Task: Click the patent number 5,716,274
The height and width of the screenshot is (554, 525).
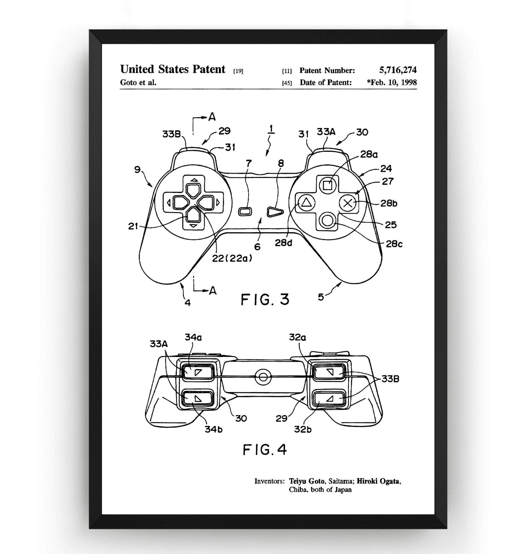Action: point(398,70)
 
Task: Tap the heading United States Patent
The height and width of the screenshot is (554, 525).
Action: point(173,70)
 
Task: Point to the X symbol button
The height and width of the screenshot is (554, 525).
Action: point(348,203)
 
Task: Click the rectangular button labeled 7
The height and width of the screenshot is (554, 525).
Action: point(244,212)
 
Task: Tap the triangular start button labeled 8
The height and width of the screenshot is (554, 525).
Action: point(275,212)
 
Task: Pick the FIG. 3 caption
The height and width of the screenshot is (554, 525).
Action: point(265,299)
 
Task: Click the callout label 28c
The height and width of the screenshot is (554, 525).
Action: point(394,244)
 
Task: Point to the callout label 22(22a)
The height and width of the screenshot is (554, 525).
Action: point(232,258)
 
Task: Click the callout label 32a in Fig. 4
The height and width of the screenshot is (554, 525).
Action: point(298,338)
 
